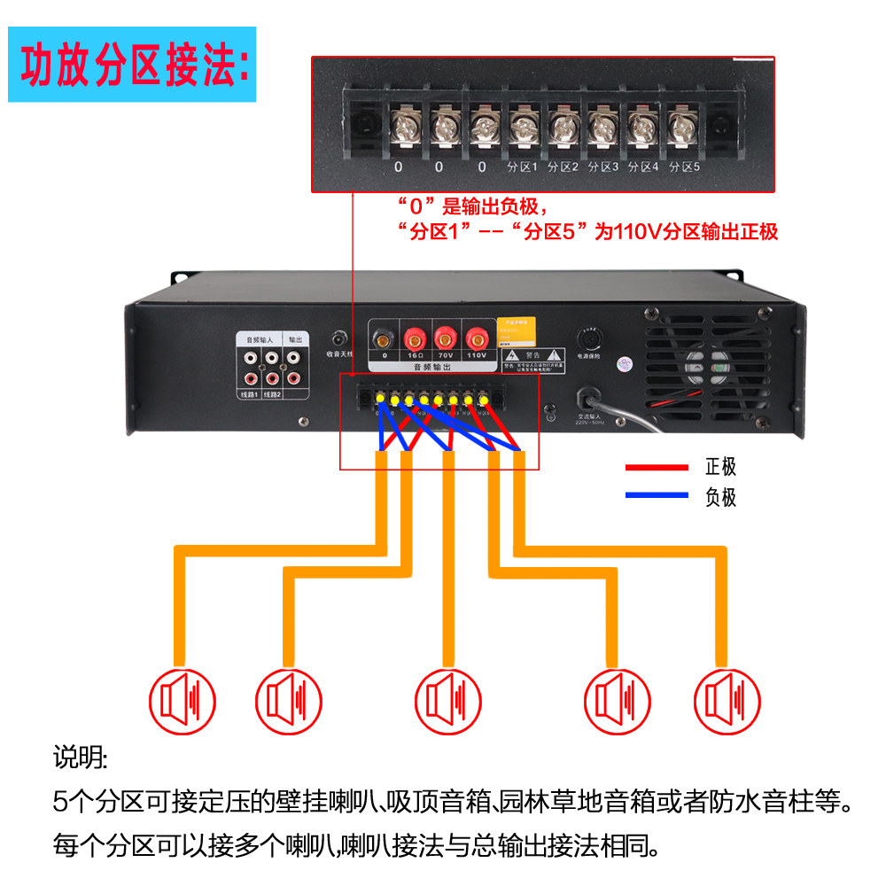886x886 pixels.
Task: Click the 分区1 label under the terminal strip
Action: click(523, 167)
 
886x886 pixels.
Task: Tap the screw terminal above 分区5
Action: click(682, 126)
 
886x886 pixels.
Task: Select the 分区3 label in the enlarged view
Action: click(603, 167)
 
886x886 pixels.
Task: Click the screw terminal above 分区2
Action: click(563, 126)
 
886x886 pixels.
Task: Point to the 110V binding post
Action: click(477, 338)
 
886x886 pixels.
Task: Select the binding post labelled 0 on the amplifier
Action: click(384, 338)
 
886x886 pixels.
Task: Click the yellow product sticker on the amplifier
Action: click(517, 330)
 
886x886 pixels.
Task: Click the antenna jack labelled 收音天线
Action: click(338, 338)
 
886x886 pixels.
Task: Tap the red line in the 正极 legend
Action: click(657, 468)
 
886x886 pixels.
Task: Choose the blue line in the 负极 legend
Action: click(657, 495)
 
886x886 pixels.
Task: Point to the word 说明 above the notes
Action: click(79, 759)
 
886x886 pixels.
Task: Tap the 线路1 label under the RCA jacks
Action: click(247, 393)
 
